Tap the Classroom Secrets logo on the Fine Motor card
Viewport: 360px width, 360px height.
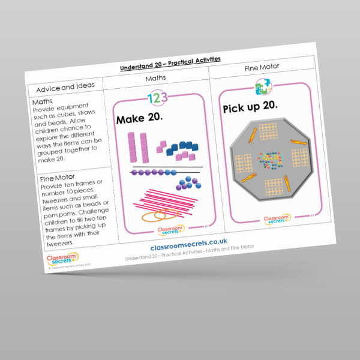click(277, 219)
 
